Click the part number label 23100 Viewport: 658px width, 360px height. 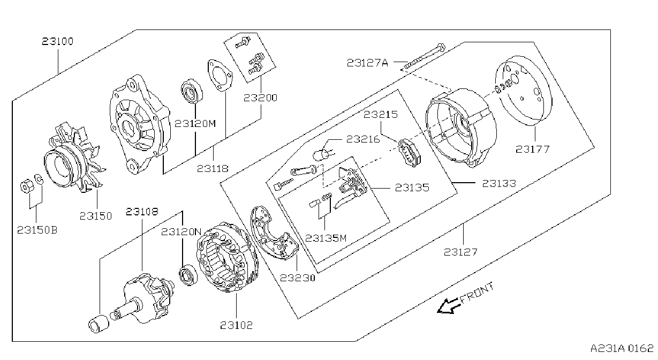(58, 41)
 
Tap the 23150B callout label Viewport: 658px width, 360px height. (37, 230)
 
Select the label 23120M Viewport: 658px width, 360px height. (195, 124)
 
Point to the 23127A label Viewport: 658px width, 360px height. (367, 63)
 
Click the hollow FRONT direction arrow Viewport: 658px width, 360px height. (448, 306)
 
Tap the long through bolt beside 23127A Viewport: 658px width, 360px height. (423, 57)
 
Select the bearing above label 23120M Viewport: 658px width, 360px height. (192, 91)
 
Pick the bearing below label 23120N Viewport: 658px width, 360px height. (188, 275)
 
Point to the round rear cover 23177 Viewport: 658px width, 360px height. (523, 91)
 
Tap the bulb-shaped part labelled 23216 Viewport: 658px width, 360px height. (323, 154)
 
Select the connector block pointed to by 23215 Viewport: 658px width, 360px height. (410, 153)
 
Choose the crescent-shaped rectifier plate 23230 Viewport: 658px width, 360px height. (274, 232)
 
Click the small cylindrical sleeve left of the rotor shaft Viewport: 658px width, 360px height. (99, 324)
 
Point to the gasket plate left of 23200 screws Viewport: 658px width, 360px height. (220, 76)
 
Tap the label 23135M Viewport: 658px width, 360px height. (326, 238)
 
